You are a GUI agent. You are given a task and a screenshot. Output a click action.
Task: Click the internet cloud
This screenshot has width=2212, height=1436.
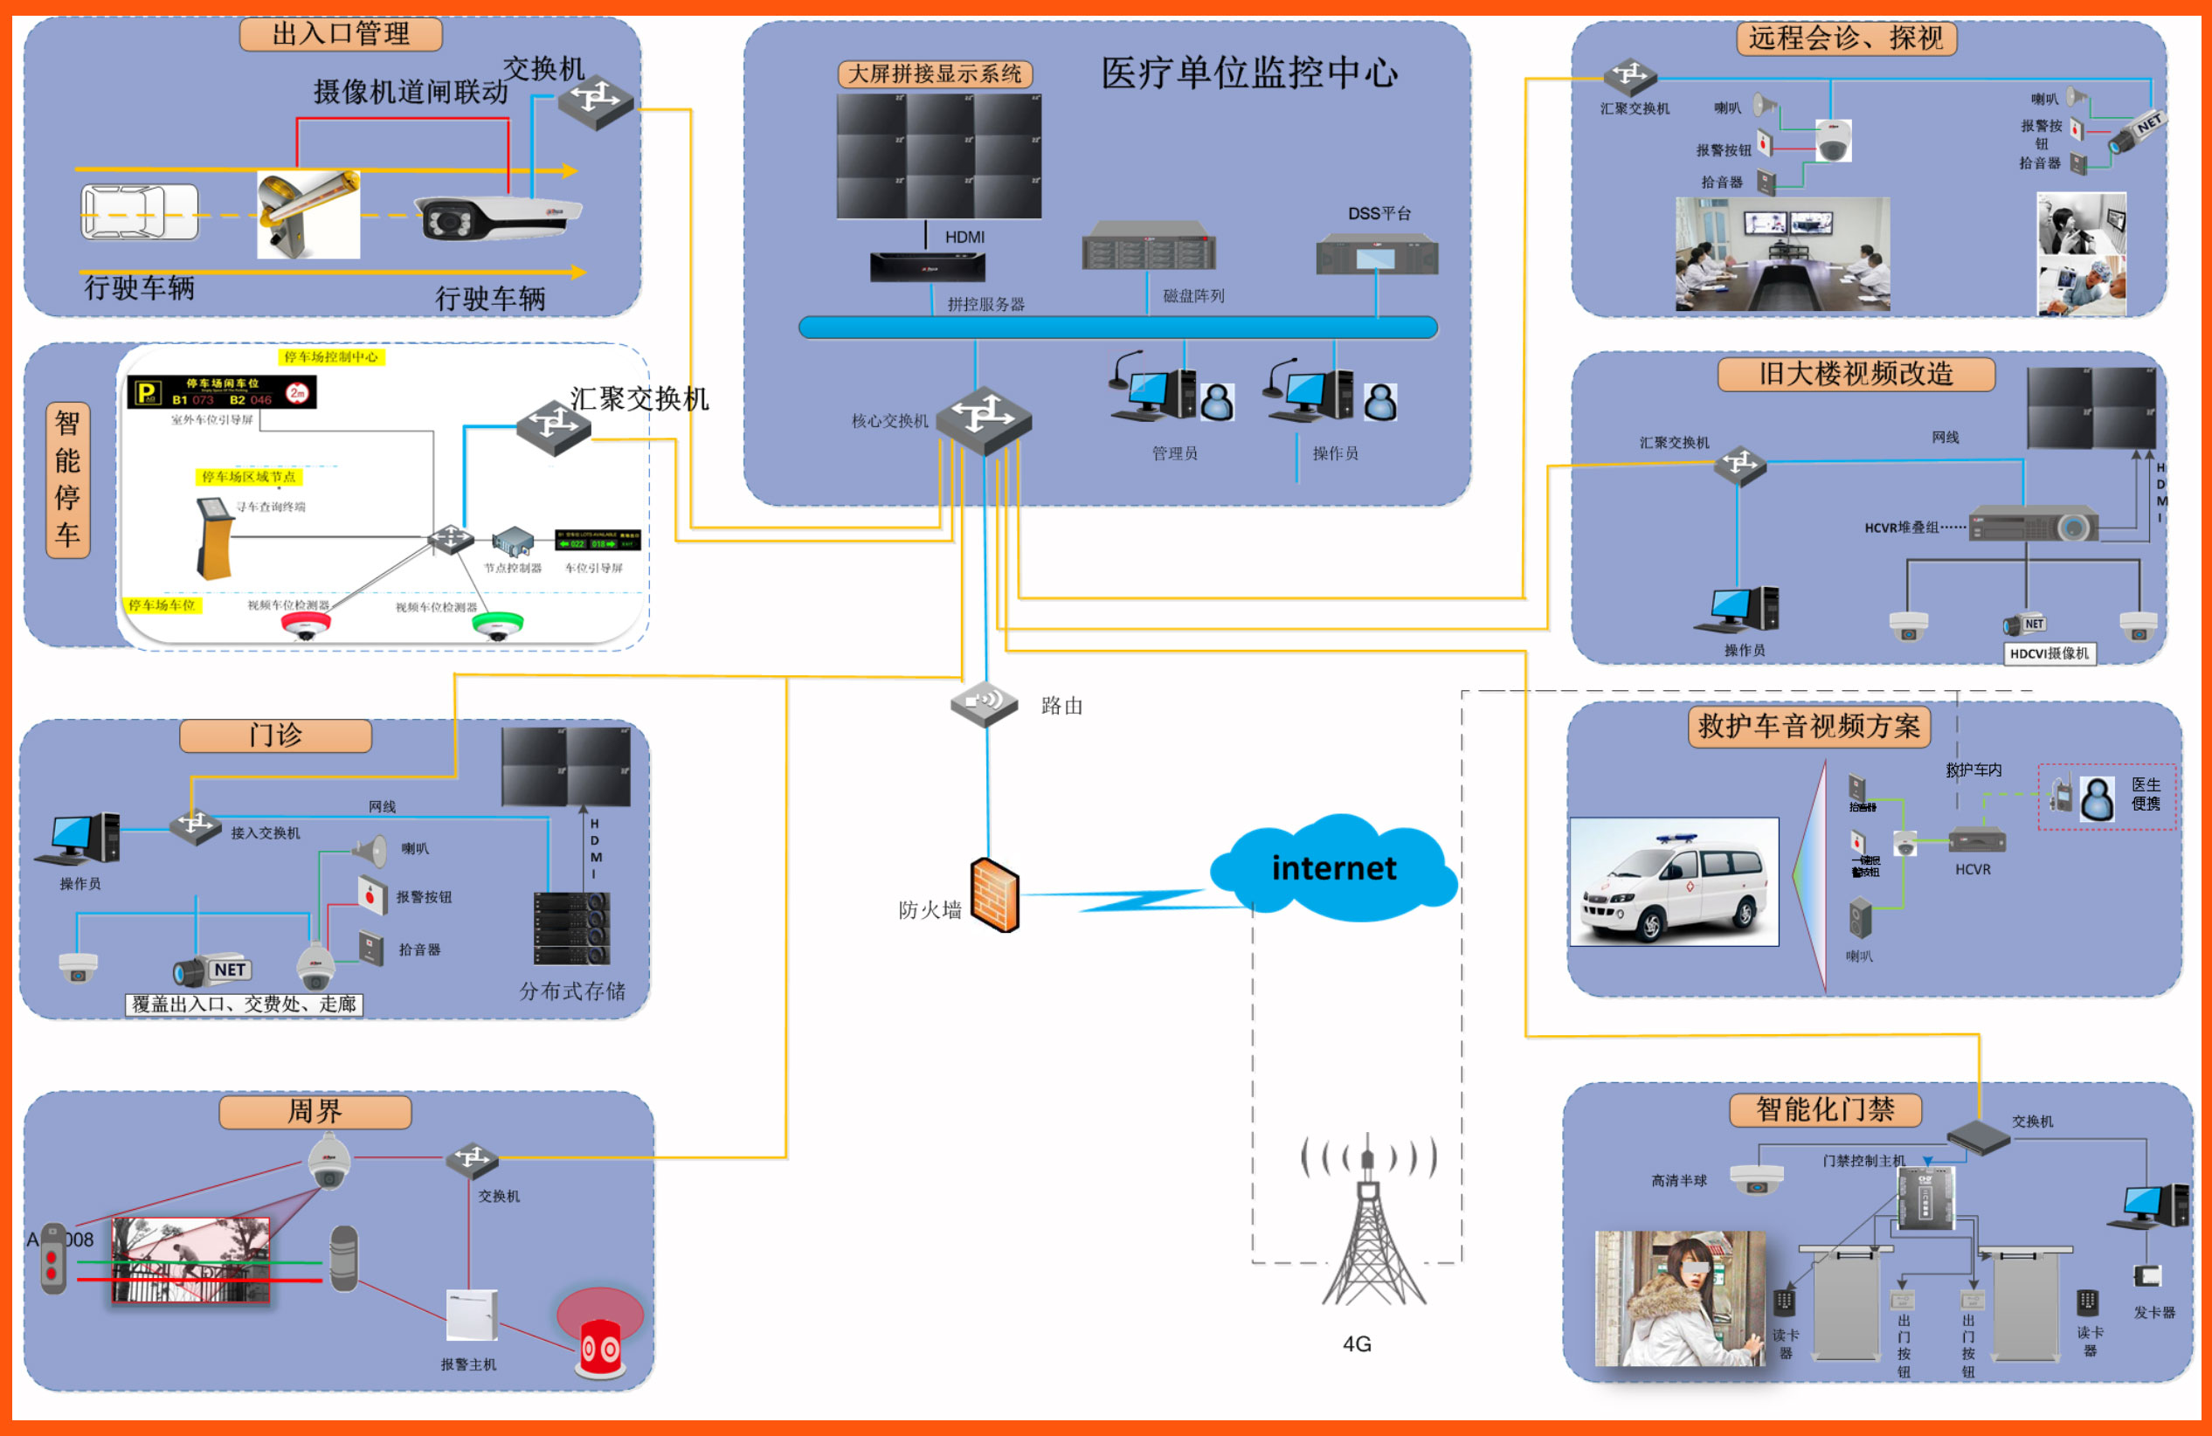[1334, 868]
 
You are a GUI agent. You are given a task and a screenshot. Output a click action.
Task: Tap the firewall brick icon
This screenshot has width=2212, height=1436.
[995, 895]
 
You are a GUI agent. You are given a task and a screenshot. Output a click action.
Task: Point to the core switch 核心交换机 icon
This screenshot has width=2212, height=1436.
[984, 419]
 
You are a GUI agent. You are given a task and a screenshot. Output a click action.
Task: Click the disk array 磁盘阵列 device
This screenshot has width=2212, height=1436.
[1149, 246]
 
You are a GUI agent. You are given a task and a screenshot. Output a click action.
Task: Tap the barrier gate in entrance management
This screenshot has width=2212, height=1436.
[308, 214]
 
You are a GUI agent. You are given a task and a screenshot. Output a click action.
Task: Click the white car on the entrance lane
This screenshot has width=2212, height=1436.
[140, 212]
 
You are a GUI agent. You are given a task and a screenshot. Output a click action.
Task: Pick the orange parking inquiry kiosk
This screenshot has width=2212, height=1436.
[214, 538]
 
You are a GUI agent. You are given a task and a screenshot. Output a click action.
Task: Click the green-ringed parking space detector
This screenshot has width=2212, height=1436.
[497, 625]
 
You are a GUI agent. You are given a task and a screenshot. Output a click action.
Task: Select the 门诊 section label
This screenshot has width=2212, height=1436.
[275, 735]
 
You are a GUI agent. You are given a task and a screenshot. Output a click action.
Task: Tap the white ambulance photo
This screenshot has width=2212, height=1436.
[1674, 881]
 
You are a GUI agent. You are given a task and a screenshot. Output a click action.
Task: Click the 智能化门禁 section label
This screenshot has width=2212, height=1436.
[1824, 1108]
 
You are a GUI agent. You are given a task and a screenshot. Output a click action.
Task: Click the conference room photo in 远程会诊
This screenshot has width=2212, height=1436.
[1781, 252]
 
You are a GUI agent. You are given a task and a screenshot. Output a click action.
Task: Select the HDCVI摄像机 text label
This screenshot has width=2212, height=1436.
[2049, 653]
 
